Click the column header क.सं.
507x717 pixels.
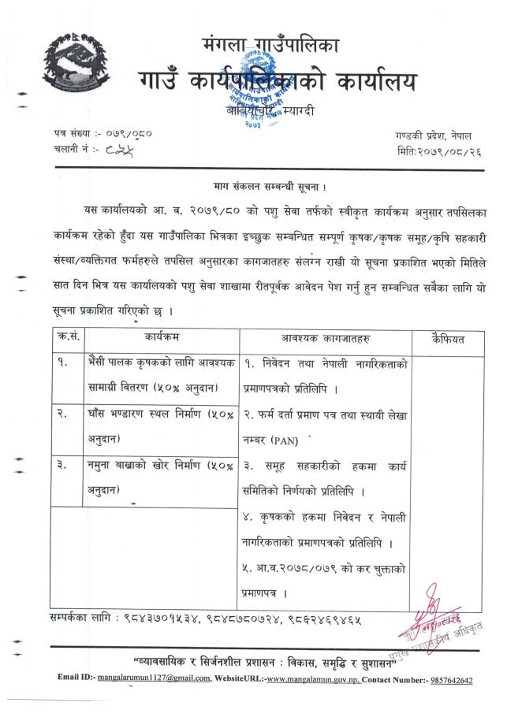(67, 339)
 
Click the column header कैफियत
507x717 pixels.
(449, 339)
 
